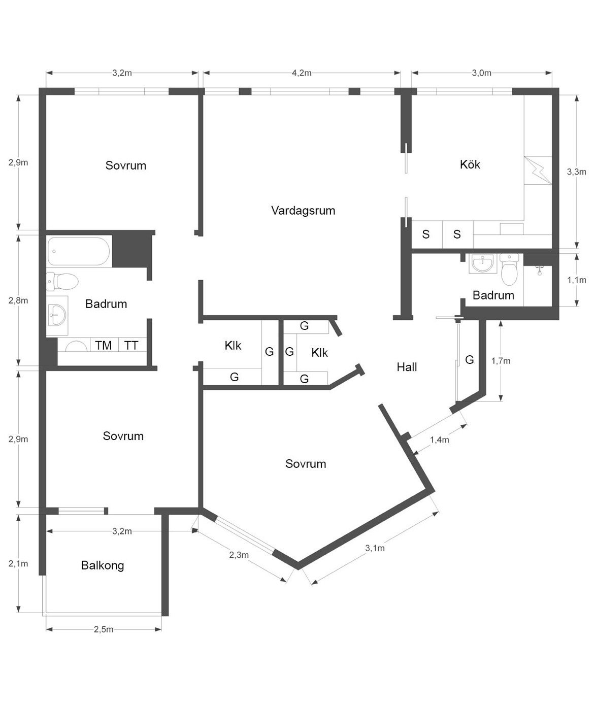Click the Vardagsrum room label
(x=303, y=211)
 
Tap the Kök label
(x=470, y=164)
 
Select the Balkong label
(x=102, y=565)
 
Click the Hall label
(x=407, y=367)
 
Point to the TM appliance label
(x=103, y=345)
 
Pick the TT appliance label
(x=131, y=345)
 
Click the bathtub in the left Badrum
(x=79, y=251)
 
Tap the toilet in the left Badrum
(x=62, y=281)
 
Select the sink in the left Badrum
(x=56, y=315)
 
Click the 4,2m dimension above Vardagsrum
(x=302, y=73)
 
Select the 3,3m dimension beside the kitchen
(x=576, y=172)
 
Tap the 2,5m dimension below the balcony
(x=104, y=629)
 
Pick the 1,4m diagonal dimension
(x=440, y=440)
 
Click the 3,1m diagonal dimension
(x=375, y=548)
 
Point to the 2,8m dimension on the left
(x=18, y=300)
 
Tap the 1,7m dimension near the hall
(x=501, y=361)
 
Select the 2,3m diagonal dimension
(x=239, y=555)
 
